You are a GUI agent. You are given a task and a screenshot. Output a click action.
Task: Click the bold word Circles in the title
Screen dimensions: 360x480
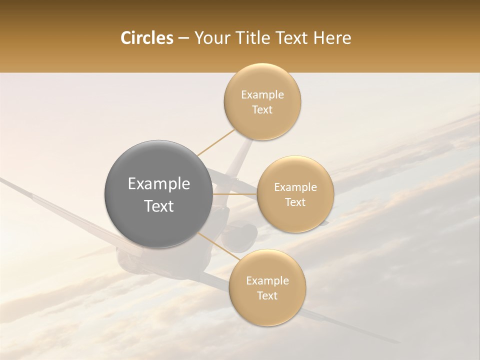tap(146, 38)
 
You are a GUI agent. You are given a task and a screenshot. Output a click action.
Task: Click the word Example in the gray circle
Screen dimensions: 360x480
tap(158, 184)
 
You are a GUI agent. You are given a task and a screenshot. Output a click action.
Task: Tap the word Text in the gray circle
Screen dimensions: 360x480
tap(158, 206)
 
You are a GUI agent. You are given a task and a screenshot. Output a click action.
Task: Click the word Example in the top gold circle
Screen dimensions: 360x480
tap(262, 95)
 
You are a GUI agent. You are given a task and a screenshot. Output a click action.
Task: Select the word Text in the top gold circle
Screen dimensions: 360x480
tap(262, 110)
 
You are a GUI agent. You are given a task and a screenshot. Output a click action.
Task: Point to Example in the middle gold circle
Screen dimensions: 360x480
tap(295, 187)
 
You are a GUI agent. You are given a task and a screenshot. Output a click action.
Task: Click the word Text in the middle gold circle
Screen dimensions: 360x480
tap(295, 202)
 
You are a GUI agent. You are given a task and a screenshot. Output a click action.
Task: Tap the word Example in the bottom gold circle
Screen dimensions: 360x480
tap(267, 281)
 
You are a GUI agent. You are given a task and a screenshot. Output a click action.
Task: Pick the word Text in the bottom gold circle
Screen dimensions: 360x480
tap(267, 296)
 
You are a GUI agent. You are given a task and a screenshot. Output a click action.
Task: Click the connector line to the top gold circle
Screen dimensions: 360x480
tap(215, 143)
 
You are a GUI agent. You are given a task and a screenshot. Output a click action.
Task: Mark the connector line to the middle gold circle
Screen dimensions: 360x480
tap(234, 193)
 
